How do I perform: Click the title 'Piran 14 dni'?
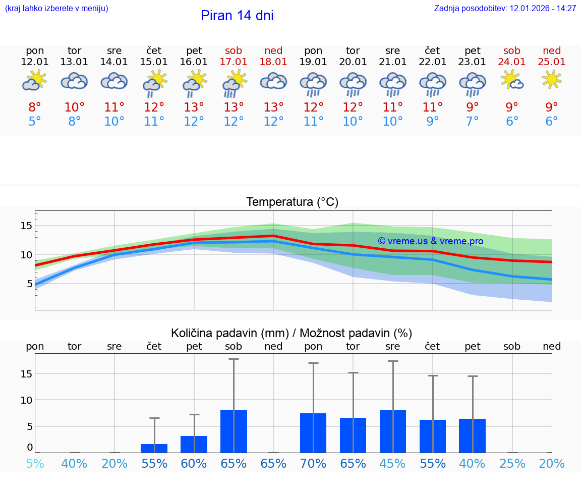pos(237,16)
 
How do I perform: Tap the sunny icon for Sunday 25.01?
pos(551,80)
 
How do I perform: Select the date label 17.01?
pos(234,62)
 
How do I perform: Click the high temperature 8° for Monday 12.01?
pos(35,107)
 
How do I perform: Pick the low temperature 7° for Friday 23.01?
pos(472,122)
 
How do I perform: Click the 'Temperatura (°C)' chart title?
pos(292,202)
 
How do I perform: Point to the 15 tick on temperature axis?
pos(26,226)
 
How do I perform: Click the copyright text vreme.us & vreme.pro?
pos(430,241)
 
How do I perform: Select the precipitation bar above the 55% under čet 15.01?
pos(154,448)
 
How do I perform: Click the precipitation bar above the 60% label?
pos(194,444)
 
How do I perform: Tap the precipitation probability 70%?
pos(313,463)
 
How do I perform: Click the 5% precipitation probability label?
pos(35,463)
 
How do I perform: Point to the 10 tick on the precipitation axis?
pos(26,400)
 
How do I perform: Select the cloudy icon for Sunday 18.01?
pos(273,81)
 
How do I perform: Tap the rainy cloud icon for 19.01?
pos(313,84)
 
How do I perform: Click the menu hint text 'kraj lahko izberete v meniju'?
pos(56,9)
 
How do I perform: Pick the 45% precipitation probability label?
pos(392,463)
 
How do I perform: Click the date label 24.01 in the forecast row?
pos(512,62)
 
